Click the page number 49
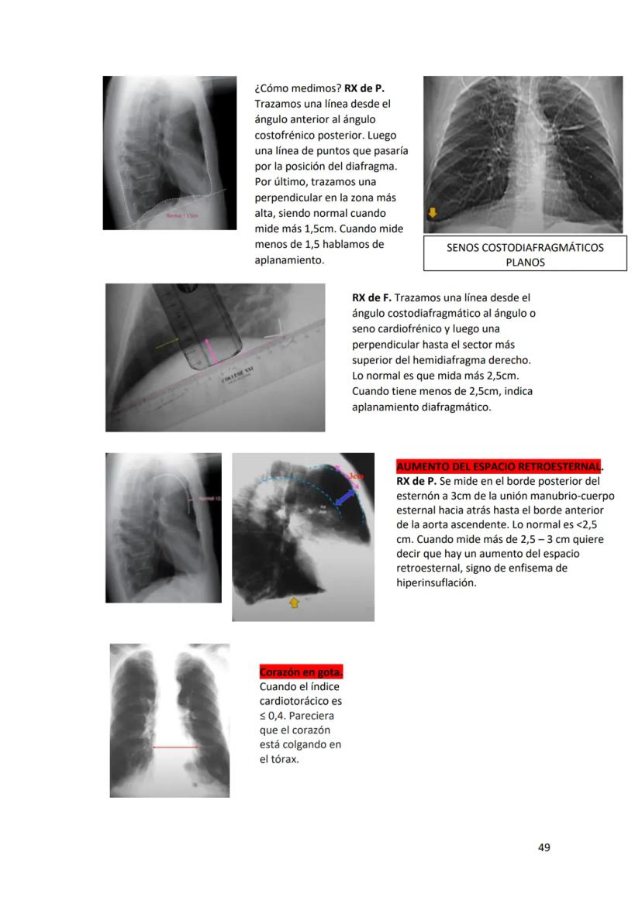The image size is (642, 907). [544, 847]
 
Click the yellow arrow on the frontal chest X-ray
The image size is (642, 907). [432, 212]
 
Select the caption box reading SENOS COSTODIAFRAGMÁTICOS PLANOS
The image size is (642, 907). [524, 255]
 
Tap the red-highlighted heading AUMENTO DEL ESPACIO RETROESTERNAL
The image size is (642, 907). [499, 467]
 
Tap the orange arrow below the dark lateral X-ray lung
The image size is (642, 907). [295, 601]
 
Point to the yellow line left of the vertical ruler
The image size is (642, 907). [166, 342]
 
